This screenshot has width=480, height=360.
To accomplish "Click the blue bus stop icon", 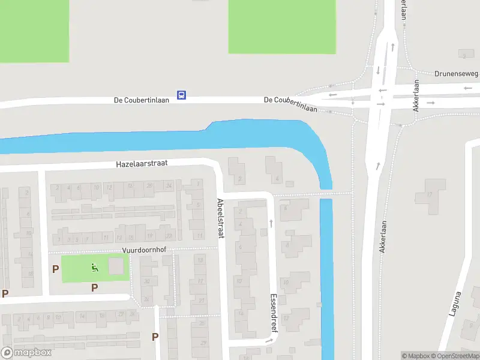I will [181, 95].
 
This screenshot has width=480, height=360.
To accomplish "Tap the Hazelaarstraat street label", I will [142, 163].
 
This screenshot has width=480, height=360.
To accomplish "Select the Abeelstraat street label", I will [220, 219].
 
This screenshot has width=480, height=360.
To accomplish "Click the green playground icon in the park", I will [94, 268].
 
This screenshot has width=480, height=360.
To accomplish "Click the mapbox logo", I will [26, 353].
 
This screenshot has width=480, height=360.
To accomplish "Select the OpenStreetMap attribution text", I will [455, 356].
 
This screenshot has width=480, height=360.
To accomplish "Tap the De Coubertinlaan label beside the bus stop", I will [141, 100].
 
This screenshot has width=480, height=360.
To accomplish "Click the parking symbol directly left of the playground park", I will [55, 269].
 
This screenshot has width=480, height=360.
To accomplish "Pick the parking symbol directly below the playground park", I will [94, 288].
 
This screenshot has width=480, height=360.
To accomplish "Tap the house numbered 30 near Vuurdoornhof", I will [146, 281].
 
